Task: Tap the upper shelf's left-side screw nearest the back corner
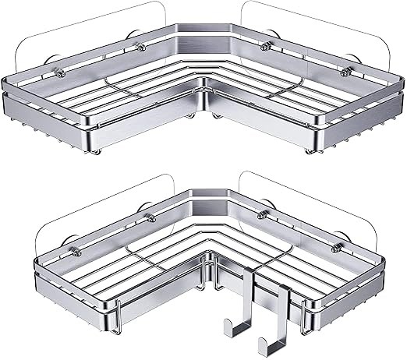click(x=140, y=49)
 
